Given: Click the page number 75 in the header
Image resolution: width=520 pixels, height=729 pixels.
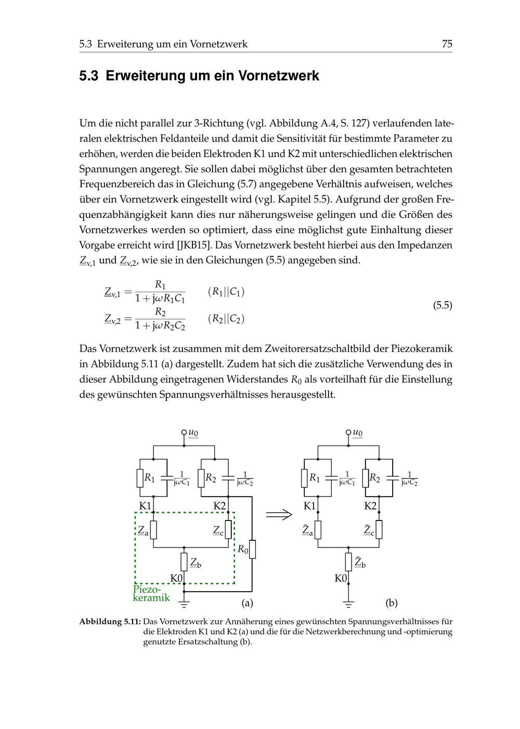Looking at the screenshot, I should [447, 44].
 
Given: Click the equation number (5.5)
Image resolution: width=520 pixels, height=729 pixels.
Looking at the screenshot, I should [442, 305].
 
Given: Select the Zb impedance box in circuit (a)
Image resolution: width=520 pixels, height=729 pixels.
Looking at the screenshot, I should [185, 562].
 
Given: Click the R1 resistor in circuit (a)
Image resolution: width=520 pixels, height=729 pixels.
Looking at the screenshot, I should [140, 478].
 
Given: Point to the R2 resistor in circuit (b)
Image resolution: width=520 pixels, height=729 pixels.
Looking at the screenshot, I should [366, 478].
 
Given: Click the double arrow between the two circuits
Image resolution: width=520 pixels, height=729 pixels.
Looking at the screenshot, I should [279, 514].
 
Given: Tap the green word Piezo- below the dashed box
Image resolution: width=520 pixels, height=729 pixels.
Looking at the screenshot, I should [147, 589].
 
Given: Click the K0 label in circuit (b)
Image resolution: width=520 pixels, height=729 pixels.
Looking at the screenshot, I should [341, 578].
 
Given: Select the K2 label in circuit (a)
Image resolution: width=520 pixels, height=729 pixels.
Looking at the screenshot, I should [220, 505].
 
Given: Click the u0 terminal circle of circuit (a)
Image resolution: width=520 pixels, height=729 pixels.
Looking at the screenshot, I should [184, 432].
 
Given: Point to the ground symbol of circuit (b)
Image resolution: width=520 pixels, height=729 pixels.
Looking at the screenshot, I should [348, 604].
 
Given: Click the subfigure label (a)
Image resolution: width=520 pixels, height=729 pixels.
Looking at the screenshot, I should [247, 603].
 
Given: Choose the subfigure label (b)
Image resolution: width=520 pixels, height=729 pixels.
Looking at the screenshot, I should [392, 603].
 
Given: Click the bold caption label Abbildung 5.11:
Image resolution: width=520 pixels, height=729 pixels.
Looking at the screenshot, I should [110, 621].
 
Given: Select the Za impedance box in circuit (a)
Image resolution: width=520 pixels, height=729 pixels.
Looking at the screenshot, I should [153, 530].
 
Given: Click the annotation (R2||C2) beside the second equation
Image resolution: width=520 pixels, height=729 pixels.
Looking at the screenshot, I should [226, 319].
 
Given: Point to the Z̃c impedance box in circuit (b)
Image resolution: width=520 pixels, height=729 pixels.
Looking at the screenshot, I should [379, 529].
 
